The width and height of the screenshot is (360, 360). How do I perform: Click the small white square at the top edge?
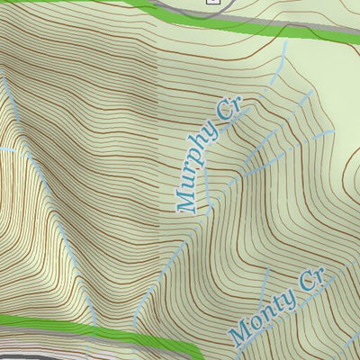pos(212,2)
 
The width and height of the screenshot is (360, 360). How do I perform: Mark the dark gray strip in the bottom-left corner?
pos(18,355)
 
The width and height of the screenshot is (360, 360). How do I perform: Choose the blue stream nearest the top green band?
pos(283,54)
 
